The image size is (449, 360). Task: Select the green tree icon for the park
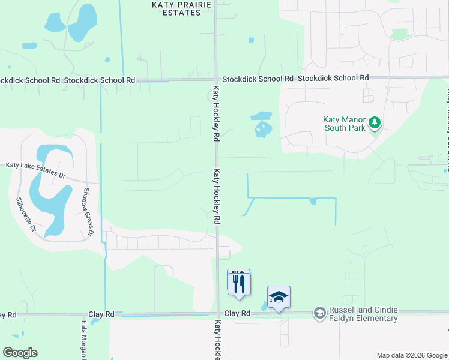[x=375, y=122]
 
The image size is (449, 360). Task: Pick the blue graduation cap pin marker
[x=279, y=297]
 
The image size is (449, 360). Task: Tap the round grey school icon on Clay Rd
[x=320, y=313]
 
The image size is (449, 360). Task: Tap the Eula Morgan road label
[x=83, y=339]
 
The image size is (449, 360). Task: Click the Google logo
[x=20, y=353]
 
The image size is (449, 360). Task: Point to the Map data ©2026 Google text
[x=412, y=355]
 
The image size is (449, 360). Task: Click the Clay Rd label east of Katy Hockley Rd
[x=237, y=313]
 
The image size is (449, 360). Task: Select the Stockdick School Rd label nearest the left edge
[x=30, y=80]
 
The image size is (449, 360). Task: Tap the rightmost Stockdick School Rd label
[x=333, y=78]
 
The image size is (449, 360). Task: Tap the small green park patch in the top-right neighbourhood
[x=399, y=34]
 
